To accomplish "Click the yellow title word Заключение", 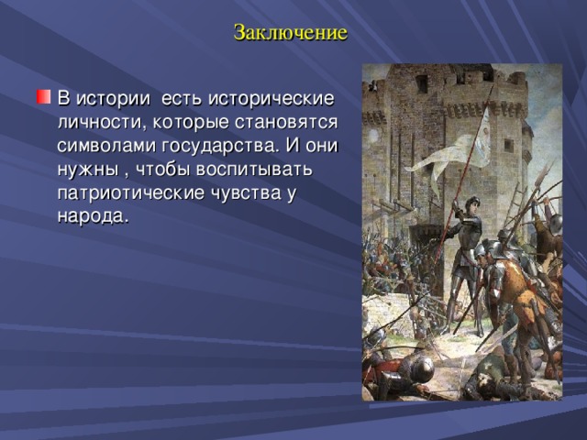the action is pyautogui.click(x=291, y=33).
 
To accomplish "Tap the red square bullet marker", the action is pyautogui.click(x=43, y=97).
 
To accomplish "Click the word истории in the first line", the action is pyautogui.click(x=114, y=99).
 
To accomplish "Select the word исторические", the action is pyautogui.click(x=271, y=99).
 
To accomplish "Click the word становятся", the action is pyautogui.click(x=286, y=123).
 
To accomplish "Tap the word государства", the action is pyautogui.click(x=218, y=147).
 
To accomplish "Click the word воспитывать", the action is pyautogui.click(x=254, y=170).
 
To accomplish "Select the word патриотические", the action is pyautogui.click(x=131, y=193).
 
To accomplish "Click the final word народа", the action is pyautogui.click(x=93, y=217).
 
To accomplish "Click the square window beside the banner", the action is pyautogui.click(x=508, y=145).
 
